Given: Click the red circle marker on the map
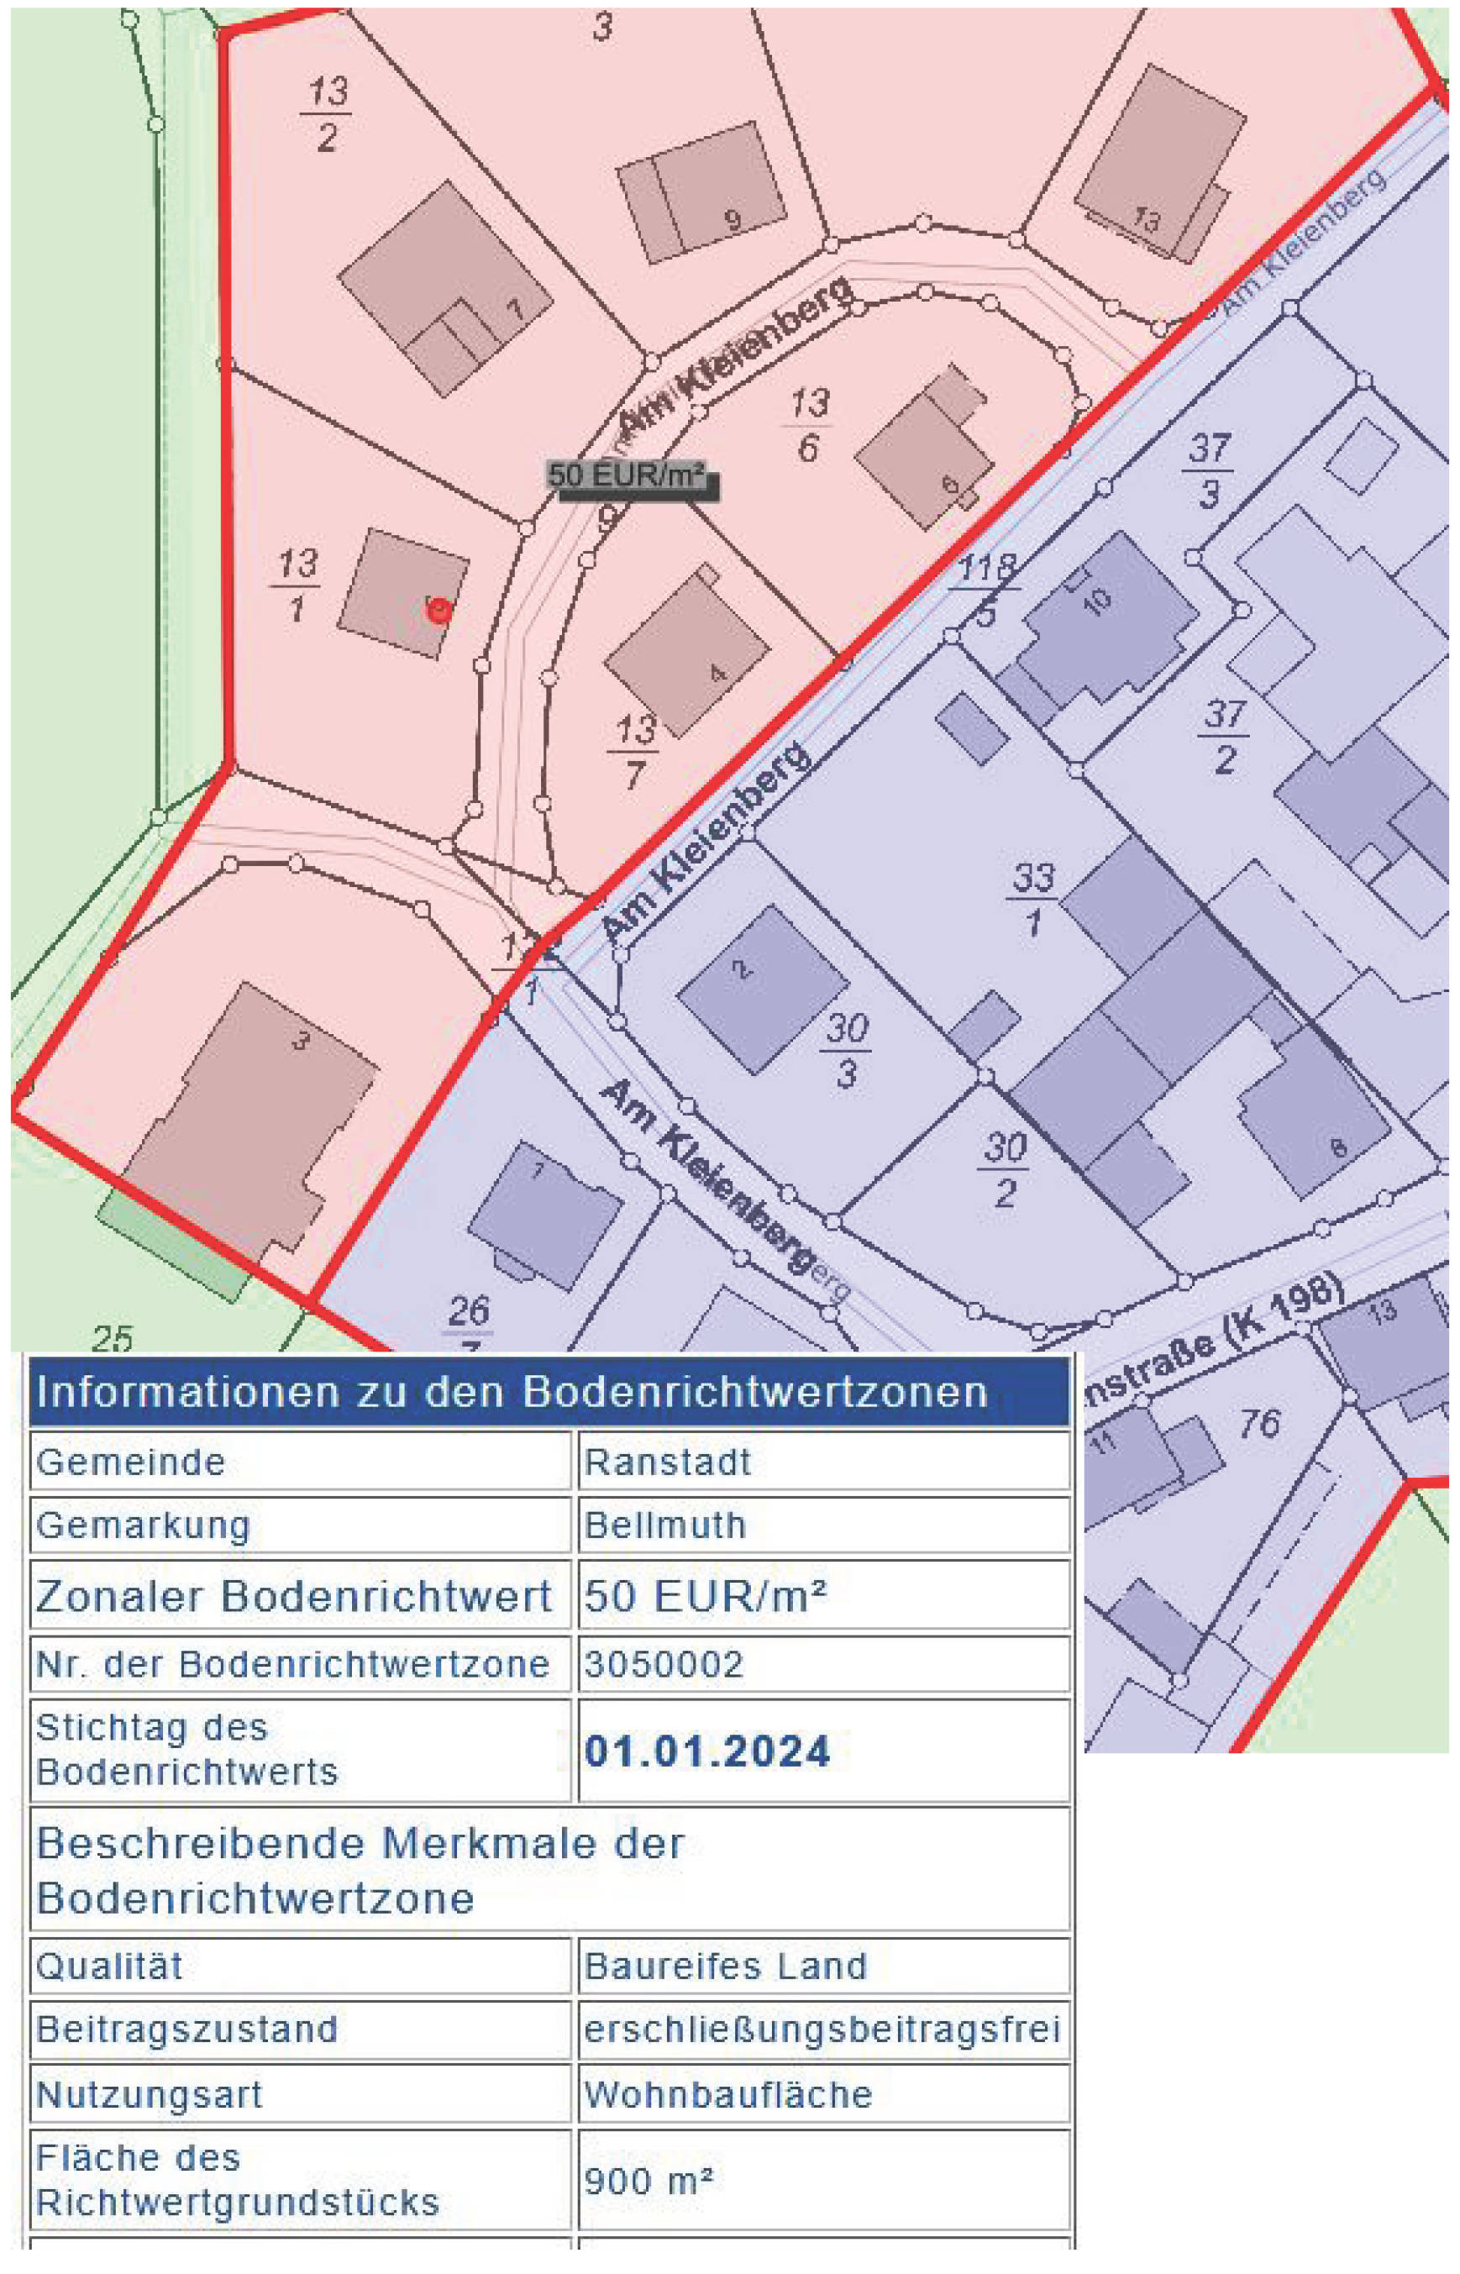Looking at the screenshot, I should tap(438, 611).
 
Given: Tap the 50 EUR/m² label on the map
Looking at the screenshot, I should tap(628, 475).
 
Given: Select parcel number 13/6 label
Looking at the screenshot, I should tap(809, 425).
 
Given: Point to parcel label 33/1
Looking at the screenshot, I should tap(1032, 898).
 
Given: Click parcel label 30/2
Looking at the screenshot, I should tap(1005, 1169).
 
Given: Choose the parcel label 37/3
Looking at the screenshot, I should tap(1209, 470).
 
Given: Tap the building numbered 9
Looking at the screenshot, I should tap(701, 190).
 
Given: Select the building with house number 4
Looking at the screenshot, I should tap(687, 655).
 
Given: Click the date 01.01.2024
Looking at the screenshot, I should tap(707, 1751).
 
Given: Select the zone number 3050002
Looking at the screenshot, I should tap(664, 1663).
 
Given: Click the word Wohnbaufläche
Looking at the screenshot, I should tap(728, 2094).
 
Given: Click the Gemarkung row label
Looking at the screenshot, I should tap(143, 1526).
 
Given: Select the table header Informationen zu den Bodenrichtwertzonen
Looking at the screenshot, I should tap(512, 1391).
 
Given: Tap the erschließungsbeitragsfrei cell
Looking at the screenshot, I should tap(821, 2030).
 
